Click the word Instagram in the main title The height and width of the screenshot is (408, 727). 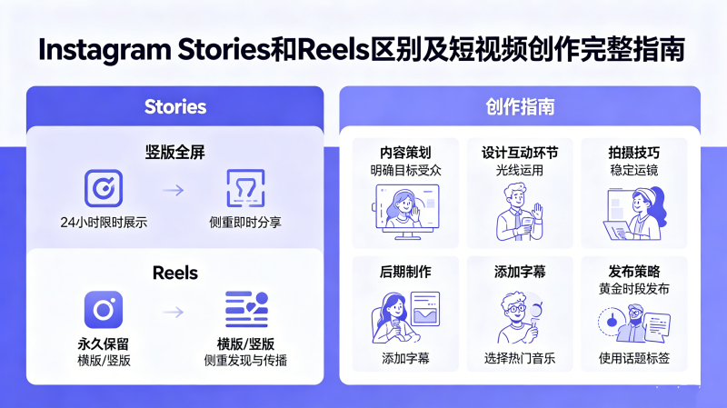click(105, 50)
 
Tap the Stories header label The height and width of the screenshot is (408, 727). click(175, 107)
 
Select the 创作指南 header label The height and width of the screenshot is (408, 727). click(520, 107)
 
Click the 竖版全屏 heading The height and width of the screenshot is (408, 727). click(174, 152)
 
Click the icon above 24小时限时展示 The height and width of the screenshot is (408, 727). click(104, 188)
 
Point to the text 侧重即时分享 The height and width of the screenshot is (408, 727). click(245, 222)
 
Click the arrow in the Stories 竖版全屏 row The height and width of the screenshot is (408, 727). click(174, 190)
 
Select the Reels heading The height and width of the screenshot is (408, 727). click(175, 273)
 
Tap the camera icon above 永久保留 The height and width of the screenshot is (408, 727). click(104, 310)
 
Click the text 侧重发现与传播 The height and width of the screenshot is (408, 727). click(245, 360)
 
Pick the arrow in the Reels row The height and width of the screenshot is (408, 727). click(174, 312)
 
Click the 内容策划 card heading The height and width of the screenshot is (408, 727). click(405, 153)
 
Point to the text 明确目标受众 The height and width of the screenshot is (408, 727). click(405, 170)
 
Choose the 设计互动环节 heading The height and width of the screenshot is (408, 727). click(520, 153)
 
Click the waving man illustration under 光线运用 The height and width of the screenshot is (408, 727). click(520, 212)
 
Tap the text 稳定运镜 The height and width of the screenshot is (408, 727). click(633, 170)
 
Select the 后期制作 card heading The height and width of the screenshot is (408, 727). click(405, 272)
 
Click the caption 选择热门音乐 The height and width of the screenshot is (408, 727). click(520, 358)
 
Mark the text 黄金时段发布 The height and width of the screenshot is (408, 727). click(633, 289)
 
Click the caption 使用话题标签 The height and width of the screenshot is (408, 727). click(633, 358)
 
